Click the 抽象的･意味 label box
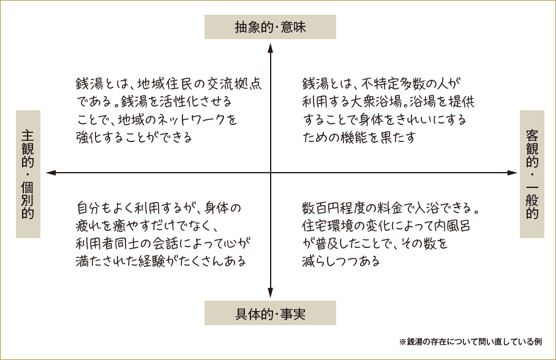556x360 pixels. click(270, 28)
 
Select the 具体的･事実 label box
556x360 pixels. click(270, 313)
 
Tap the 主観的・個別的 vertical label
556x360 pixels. click(28, 174)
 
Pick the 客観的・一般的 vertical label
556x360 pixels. click(532, 174)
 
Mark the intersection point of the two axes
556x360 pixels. click(270, 173)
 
